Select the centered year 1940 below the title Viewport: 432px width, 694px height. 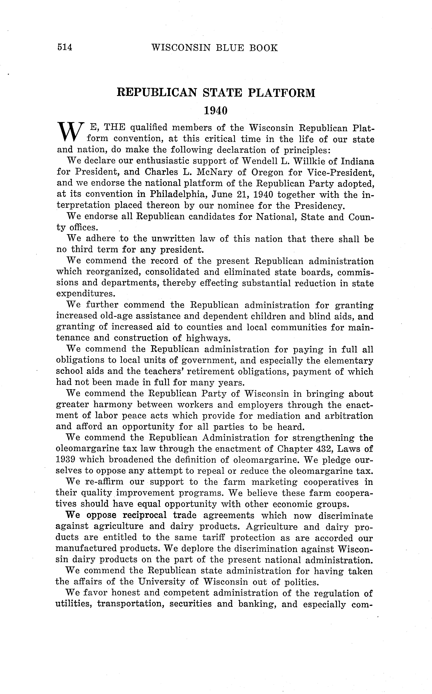tap(216, 110)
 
